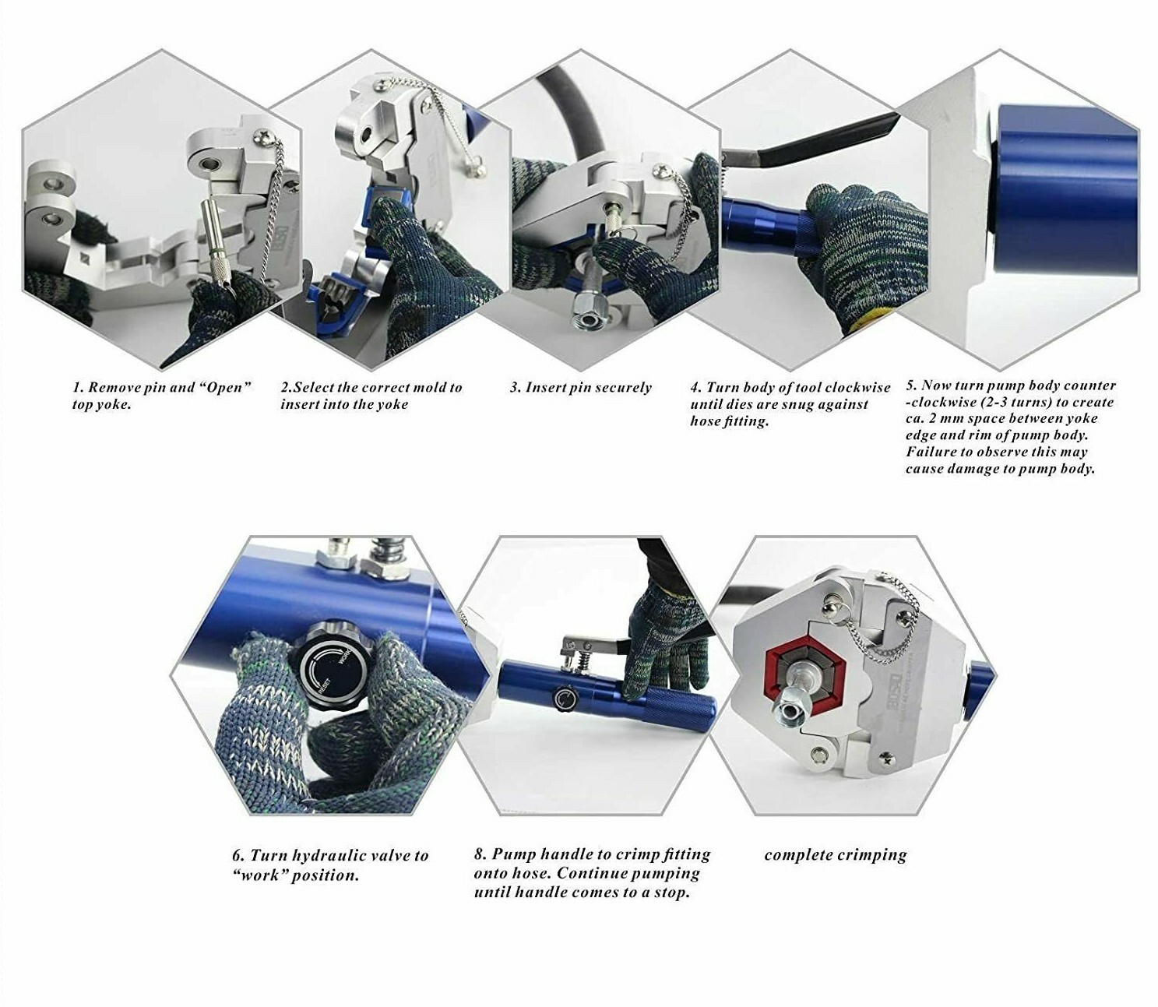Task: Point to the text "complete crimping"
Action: pyautogui.click(x=836, y=871)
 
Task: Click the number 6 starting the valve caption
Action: pyautogui.click(x=238, y=871)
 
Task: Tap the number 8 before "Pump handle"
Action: pyautogui.click(x=480, y=869)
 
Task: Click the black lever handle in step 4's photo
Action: pyautogui.click(x=815, y=139)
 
